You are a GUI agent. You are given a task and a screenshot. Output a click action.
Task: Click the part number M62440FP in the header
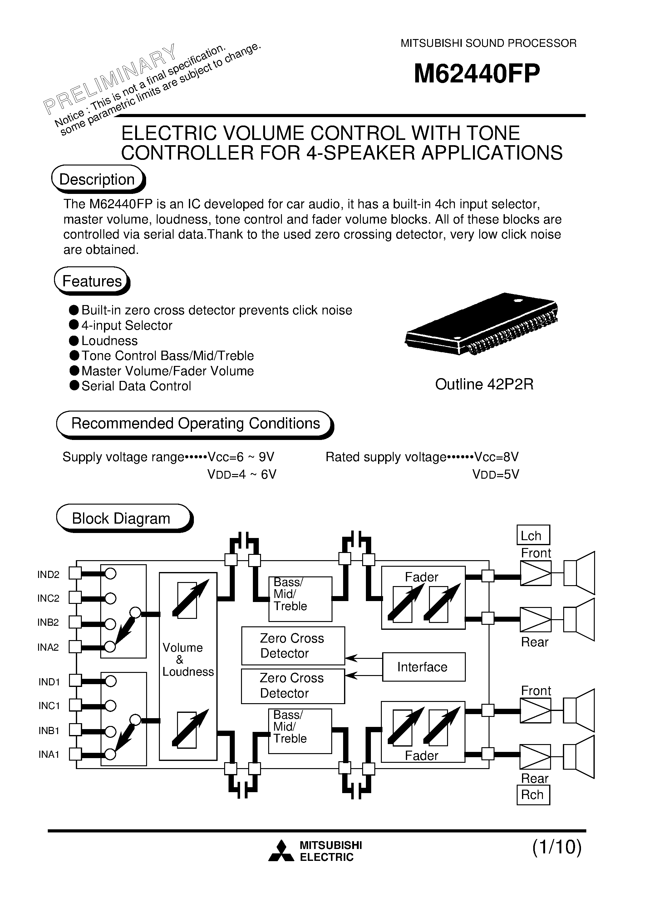[477, 74]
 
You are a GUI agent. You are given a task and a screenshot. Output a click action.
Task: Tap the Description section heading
[97, 179]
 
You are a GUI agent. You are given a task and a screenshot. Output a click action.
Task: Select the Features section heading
[92, 281]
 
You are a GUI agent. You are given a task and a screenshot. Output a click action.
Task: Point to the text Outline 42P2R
[484, 384]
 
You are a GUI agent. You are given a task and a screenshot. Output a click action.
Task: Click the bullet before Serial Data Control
[74, 385]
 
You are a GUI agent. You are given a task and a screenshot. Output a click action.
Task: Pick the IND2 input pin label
[48, 575]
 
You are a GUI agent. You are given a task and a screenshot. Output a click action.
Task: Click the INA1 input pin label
[48, 754]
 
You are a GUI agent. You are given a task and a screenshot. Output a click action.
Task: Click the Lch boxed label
[533, 535]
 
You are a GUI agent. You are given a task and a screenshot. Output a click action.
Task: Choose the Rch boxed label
[533, 795]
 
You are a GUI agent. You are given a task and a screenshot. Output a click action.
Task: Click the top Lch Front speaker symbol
[579, 573]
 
